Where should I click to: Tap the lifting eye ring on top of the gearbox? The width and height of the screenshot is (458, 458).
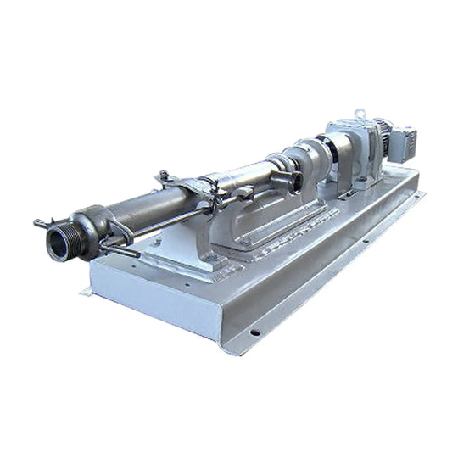(x=360, y=113)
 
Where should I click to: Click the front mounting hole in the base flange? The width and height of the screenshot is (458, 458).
(x=254, y=332)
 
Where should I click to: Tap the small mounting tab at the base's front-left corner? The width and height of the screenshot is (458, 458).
(x=87, y=293)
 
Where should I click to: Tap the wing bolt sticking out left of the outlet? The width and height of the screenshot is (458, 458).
(x=41, y=224)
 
